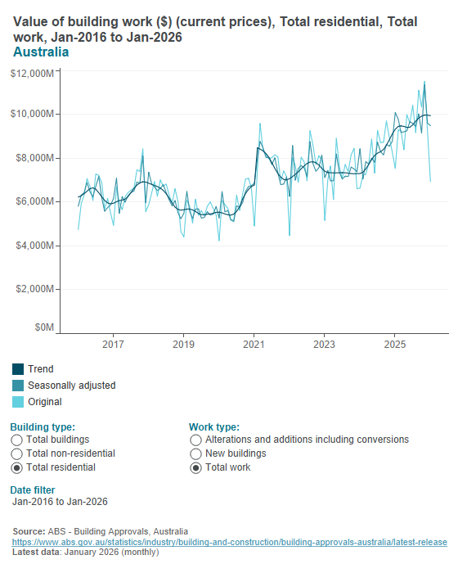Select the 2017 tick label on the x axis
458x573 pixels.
(113, 345)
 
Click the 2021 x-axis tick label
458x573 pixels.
(254, 345)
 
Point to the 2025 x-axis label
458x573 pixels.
(395, 345)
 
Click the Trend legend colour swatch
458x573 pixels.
(18, 369)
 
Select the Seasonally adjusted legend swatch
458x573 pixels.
(18, 386)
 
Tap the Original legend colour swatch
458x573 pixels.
(18, 402)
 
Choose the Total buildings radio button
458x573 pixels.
(17, 440)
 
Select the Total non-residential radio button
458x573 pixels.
(17, 453)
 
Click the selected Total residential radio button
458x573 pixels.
(17, 467)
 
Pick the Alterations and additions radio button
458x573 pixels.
(195, 440)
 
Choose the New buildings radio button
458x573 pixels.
(195, 453)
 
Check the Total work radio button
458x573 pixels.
(195, 467)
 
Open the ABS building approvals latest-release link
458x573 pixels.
(229, 542)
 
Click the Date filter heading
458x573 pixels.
(33, 490)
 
